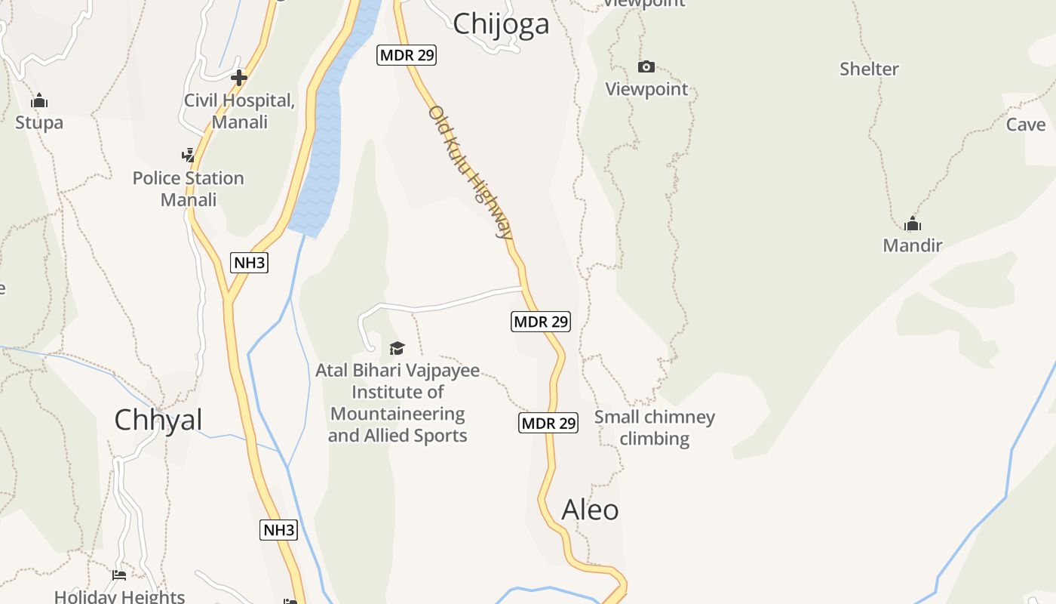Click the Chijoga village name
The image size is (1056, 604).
501,24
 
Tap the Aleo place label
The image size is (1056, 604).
590,510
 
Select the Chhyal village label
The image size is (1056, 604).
158,420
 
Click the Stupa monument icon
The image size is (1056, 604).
39,100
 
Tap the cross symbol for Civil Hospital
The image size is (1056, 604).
239,77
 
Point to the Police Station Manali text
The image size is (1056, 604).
189,189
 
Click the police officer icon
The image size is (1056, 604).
188,156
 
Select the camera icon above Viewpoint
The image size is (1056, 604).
646,66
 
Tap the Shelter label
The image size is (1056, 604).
869,69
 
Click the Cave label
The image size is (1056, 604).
1026,125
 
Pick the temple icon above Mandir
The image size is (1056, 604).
913,223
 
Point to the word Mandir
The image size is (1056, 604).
913,245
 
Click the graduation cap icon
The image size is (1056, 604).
397,348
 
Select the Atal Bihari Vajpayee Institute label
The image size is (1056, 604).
398,403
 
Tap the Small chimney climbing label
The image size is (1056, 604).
654,427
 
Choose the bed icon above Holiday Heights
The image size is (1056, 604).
119,575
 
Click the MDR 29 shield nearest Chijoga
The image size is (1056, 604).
407,55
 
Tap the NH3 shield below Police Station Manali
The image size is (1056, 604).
249,263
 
